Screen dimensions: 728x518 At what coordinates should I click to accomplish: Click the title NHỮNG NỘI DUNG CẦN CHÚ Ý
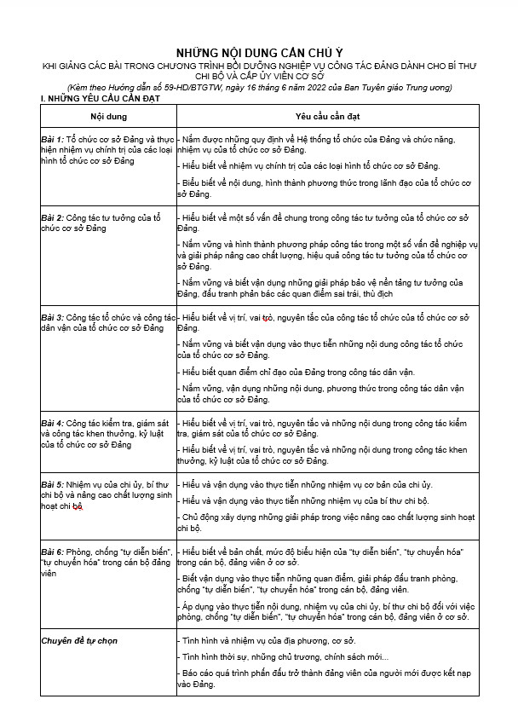click(258, 51)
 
